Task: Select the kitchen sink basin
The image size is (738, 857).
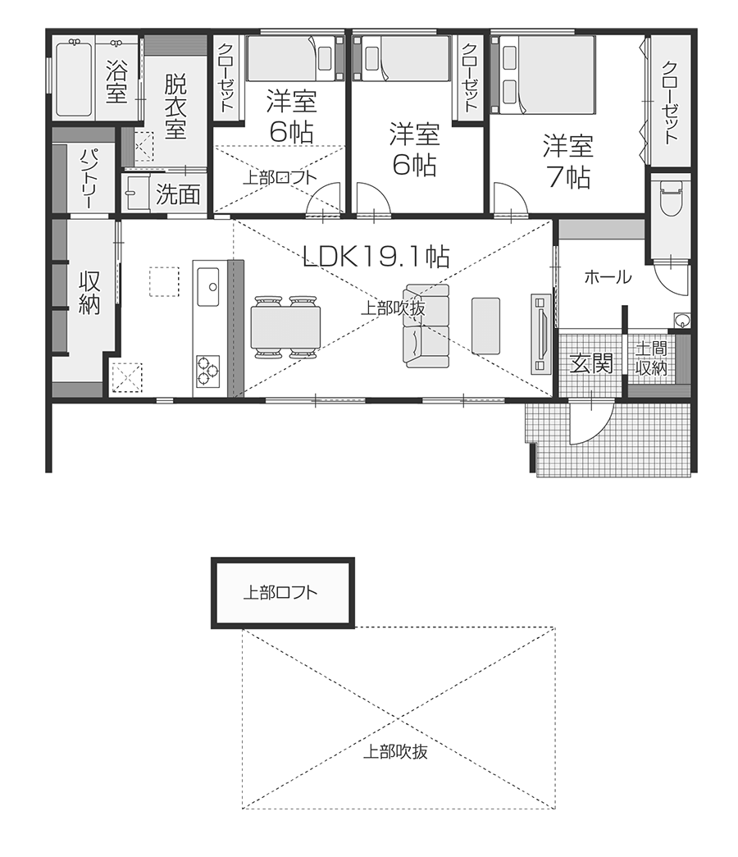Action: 207,287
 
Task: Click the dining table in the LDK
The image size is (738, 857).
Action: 285,327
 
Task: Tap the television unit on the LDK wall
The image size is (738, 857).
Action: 540,334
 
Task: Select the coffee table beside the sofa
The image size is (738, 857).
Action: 485,326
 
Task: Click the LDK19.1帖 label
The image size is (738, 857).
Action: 376,255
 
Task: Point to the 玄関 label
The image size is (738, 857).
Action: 591,363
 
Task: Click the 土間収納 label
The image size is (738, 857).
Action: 651,358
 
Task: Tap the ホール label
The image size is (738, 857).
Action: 608,277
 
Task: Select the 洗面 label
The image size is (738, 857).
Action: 178,194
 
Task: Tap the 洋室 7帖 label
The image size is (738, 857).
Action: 568,162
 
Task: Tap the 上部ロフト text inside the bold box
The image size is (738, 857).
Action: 280,592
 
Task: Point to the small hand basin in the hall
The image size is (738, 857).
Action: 681,321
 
